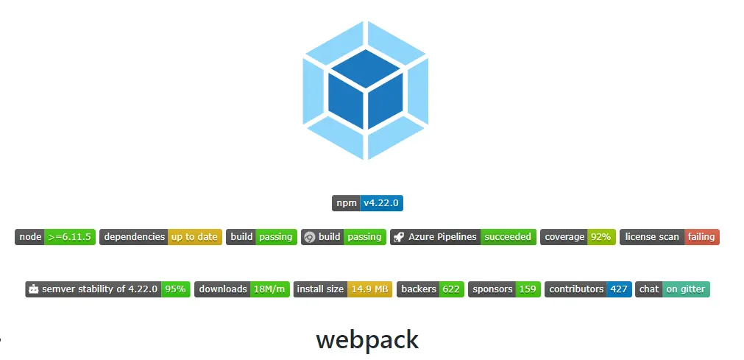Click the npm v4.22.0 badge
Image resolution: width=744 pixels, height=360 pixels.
[x=368, y=203]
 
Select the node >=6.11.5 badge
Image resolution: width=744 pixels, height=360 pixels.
[x=55, y=237]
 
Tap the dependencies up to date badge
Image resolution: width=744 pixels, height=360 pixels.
[x=160, y=237]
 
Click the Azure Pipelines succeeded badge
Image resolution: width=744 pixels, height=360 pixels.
[x=463, y=237]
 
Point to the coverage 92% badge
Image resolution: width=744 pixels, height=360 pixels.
[x=578, y=237]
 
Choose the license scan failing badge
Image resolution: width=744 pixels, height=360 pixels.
[x=669, y=237]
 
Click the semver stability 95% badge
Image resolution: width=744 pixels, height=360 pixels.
[x=107, y=289]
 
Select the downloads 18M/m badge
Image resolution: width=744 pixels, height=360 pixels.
[x=241, y=289]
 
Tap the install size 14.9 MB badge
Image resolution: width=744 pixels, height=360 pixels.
[x=343, y=289]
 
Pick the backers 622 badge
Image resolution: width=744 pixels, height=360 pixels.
[x=431, y=289]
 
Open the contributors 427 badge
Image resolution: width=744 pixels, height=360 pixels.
[x=588, y=289]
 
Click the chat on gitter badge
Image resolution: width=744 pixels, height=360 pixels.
[x=673, y=289]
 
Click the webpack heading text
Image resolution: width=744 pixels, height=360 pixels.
[x=367, y=339]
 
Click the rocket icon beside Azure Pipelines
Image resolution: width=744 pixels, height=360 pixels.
[x=399, y=237]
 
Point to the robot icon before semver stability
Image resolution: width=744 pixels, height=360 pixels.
[x=33, y=289]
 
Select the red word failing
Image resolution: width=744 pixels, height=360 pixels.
[x=701, y=237]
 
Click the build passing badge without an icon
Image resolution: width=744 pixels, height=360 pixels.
[x=261, y=237]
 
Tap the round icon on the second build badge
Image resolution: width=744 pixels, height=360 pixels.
[x=310, y=237]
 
